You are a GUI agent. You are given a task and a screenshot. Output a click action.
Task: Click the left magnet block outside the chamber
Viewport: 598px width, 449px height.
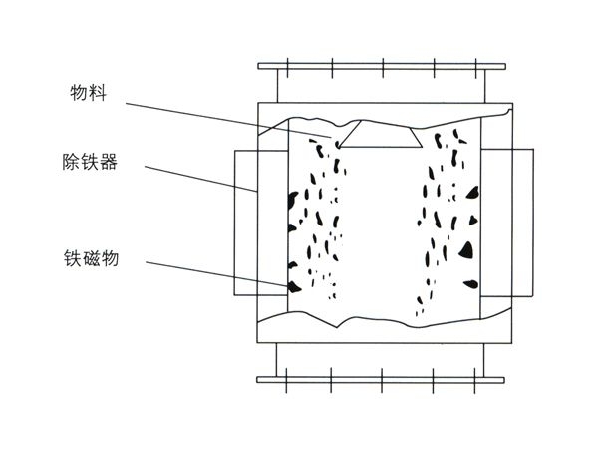(245, 222)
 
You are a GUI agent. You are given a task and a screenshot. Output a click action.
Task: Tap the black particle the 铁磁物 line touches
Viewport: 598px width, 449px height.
(293, 286)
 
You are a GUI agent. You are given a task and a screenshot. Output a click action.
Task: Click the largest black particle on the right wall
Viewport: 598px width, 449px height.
(466, 248)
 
